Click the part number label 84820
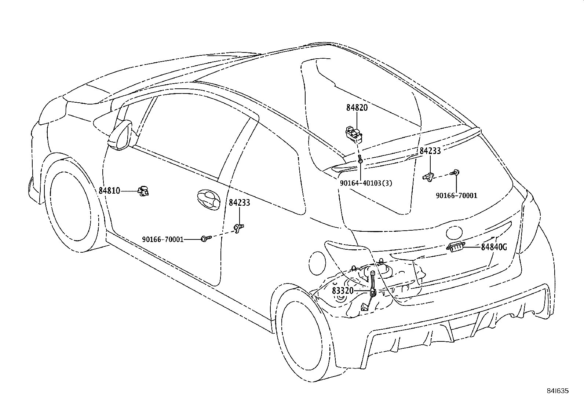357,108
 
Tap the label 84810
109,191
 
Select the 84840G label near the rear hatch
494,247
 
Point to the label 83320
343,291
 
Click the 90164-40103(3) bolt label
366,183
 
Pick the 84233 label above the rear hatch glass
430,151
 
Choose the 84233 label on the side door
239,202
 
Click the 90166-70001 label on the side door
163,239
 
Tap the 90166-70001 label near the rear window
456,195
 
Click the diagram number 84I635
558,391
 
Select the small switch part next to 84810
143,191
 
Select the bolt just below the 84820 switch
360,159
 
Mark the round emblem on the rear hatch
454,233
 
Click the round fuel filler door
317,263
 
